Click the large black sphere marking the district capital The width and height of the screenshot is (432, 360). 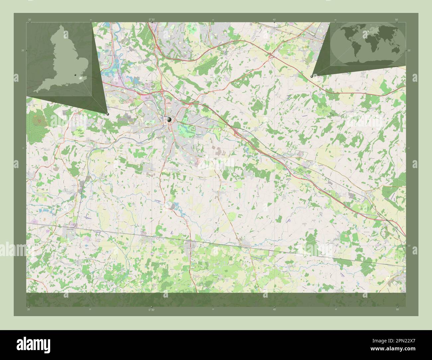pyautogui.click(x=169, y=120)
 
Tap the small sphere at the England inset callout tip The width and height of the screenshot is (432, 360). pyautogui.click(x=108, y=114)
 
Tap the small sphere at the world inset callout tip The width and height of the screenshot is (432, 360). pyautogui.click(x=311, y=76)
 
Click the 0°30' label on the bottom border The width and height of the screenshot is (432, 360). pyautogui.click(x=152, y=310)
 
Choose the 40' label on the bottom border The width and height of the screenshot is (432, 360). pyautogui.click(x=274, y=310)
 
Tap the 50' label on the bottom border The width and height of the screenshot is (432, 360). pyautogui.click(x=397, y=310)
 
